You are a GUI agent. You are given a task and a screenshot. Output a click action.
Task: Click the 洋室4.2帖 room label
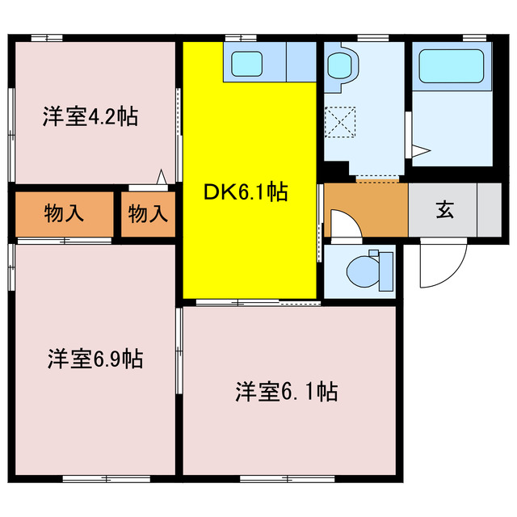click(x=90, y=117)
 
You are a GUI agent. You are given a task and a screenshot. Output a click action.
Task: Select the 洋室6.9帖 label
click(x=95, y=358)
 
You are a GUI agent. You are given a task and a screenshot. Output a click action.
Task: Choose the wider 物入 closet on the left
click(x=64, y=214)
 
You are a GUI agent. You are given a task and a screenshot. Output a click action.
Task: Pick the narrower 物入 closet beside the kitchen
click(x=149, y=214)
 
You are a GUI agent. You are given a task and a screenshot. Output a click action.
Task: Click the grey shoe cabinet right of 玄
click(x=490, y=210)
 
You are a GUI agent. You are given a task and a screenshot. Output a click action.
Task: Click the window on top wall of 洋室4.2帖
click(x=46, y=36)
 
